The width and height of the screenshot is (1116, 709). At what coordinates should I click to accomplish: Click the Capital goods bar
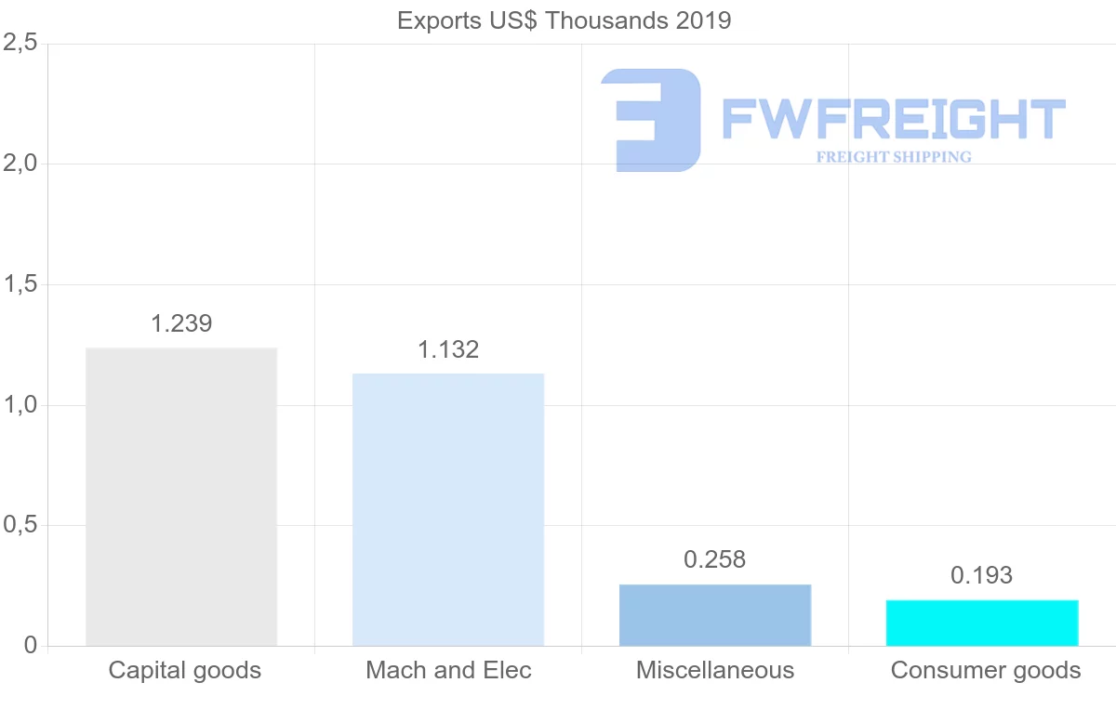(181, 496)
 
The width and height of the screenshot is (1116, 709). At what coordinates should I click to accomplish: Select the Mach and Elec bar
(448, 509)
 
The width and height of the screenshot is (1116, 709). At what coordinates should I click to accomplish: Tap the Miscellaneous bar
(715, 615)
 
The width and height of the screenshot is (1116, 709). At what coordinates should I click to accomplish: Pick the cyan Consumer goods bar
(982, 623)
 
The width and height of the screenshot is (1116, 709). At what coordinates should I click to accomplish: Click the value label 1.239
(181, 323)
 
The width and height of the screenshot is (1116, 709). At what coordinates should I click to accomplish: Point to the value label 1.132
(448, 349)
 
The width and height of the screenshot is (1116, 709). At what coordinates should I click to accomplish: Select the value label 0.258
(715, 559)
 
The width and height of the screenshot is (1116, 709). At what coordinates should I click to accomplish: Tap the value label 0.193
(982, 575)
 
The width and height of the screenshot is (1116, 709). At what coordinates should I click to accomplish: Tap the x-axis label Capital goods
(185, 670)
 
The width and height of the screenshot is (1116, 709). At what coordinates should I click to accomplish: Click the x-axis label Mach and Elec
(448, 670)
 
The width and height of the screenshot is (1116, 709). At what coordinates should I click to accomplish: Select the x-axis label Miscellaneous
(715, 670)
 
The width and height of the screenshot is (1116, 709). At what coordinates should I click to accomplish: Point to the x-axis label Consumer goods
(986, 670)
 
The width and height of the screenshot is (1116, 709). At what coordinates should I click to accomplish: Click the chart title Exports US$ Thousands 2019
(565, 20)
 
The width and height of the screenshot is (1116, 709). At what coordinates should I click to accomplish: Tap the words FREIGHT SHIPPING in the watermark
(894, 157)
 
